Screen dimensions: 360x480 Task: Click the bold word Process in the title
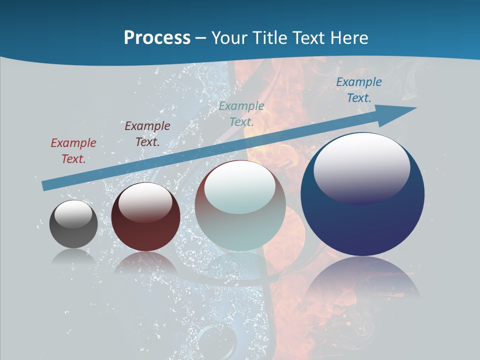[x=157, y=37]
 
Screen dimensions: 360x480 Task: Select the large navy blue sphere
[x=362, y=220]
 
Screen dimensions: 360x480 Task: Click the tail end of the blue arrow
[x=46, y=185]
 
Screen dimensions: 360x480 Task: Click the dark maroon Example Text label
[x=147, y=133]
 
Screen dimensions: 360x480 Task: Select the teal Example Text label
[x=241, y=113]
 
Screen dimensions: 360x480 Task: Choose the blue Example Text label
[x=359, y=90]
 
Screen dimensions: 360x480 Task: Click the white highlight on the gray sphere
[x=73, y=214]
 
